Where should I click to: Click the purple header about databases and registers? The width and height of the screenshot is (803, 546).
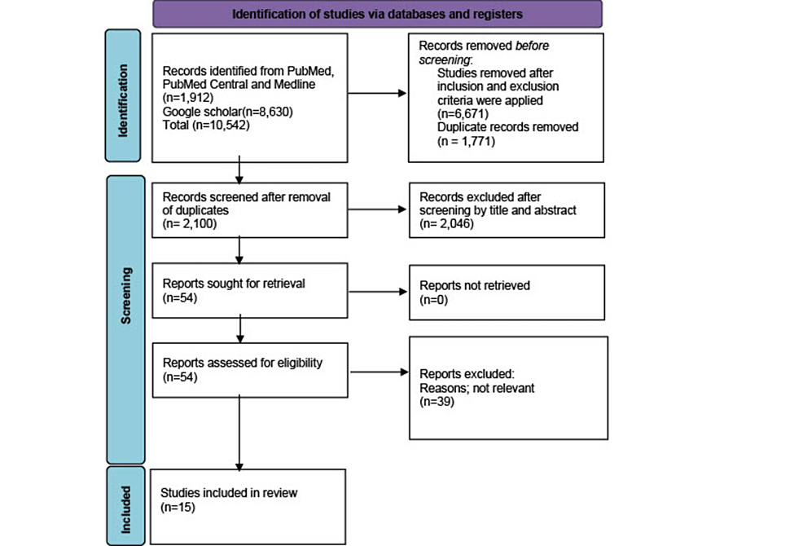pos(376,14)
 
